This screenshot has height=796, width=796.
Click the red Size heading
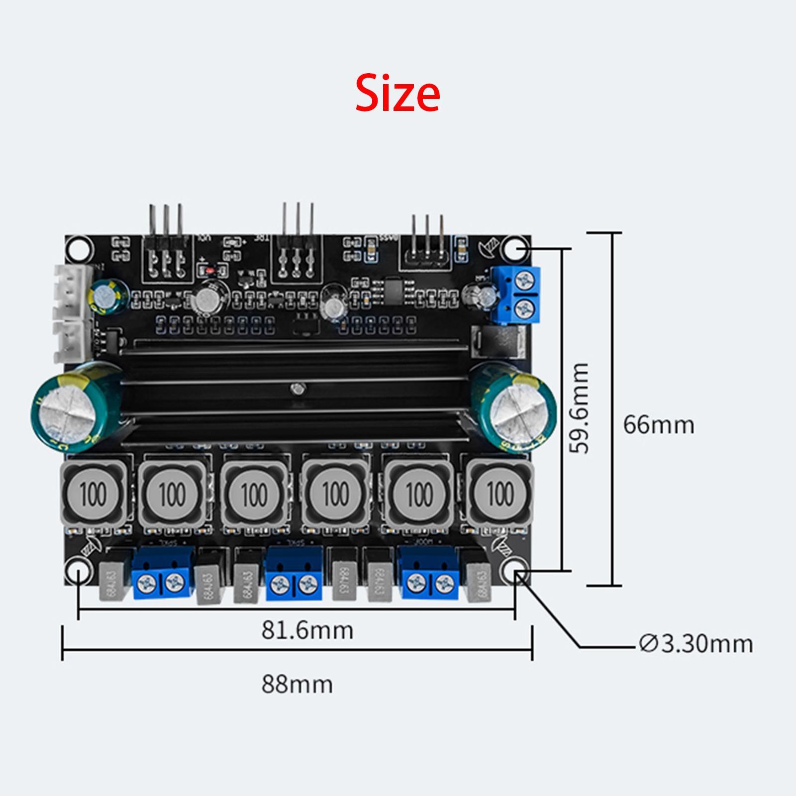(x=398, y=94)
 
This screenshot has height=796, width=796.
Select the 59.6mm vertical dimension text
(x=580, y=408)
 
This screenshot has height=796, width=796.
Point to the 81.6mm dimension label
(x=307, y=630)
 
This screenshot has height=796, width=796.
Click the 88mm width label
(x=297, y=684)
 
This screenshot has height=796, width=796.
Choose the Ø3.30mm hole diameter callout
(x=696, y=644)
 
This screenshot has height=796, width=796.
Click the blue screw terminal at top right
(x=516, y=294)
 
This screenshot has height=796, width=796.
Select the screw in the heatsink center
(x=298, y=388)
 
